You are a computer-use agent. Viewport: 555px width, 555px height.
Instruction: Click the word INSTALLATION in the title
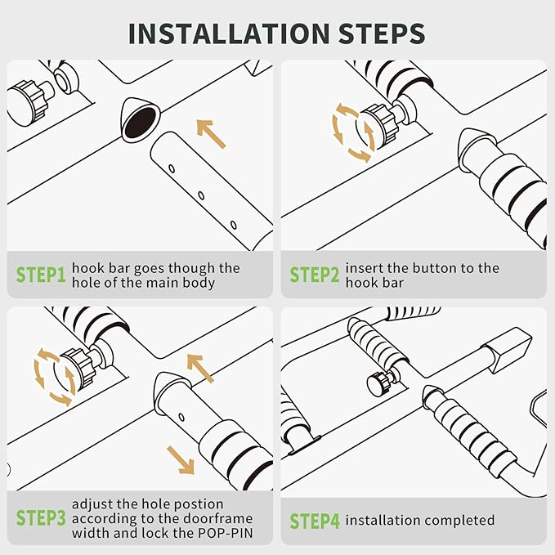click(x=229, y=34)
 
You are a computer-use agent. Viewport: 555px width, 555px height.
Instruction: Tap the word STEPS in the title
click(x=382, y=34)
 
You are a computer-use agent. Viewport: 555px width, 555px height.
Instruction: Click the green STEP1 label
click(x=41, y=275)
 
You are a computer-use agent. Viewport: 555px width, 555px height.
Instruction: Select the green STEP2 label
click(x=315, y=275)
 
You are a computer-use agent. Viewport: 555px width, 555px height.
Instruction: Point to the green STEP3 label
click(x=41, y=518)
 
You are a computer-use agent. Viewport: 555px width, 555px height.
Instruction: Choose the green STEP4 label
click(x=315, y=521)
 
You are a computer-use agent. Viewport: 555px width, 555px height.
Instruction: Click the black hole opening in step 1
click(x=140, y=123)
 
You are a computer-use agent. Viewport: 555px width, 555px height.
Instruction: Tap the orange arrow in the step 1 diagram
click(x=212, y=134)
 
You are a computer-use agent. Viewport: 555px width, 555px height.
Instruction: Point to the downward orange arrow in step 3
click(x=181, y=460)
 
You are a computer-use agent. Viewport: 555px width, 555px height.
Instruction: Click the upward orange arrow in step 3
click(x=200, y=368)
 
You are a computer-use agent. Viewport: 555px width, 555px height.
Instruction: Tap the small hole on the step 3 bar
click(x=181, y=418)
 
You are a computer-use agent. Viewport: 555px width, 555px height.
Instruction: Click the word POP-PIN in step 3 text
click(x=225, y=533)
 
